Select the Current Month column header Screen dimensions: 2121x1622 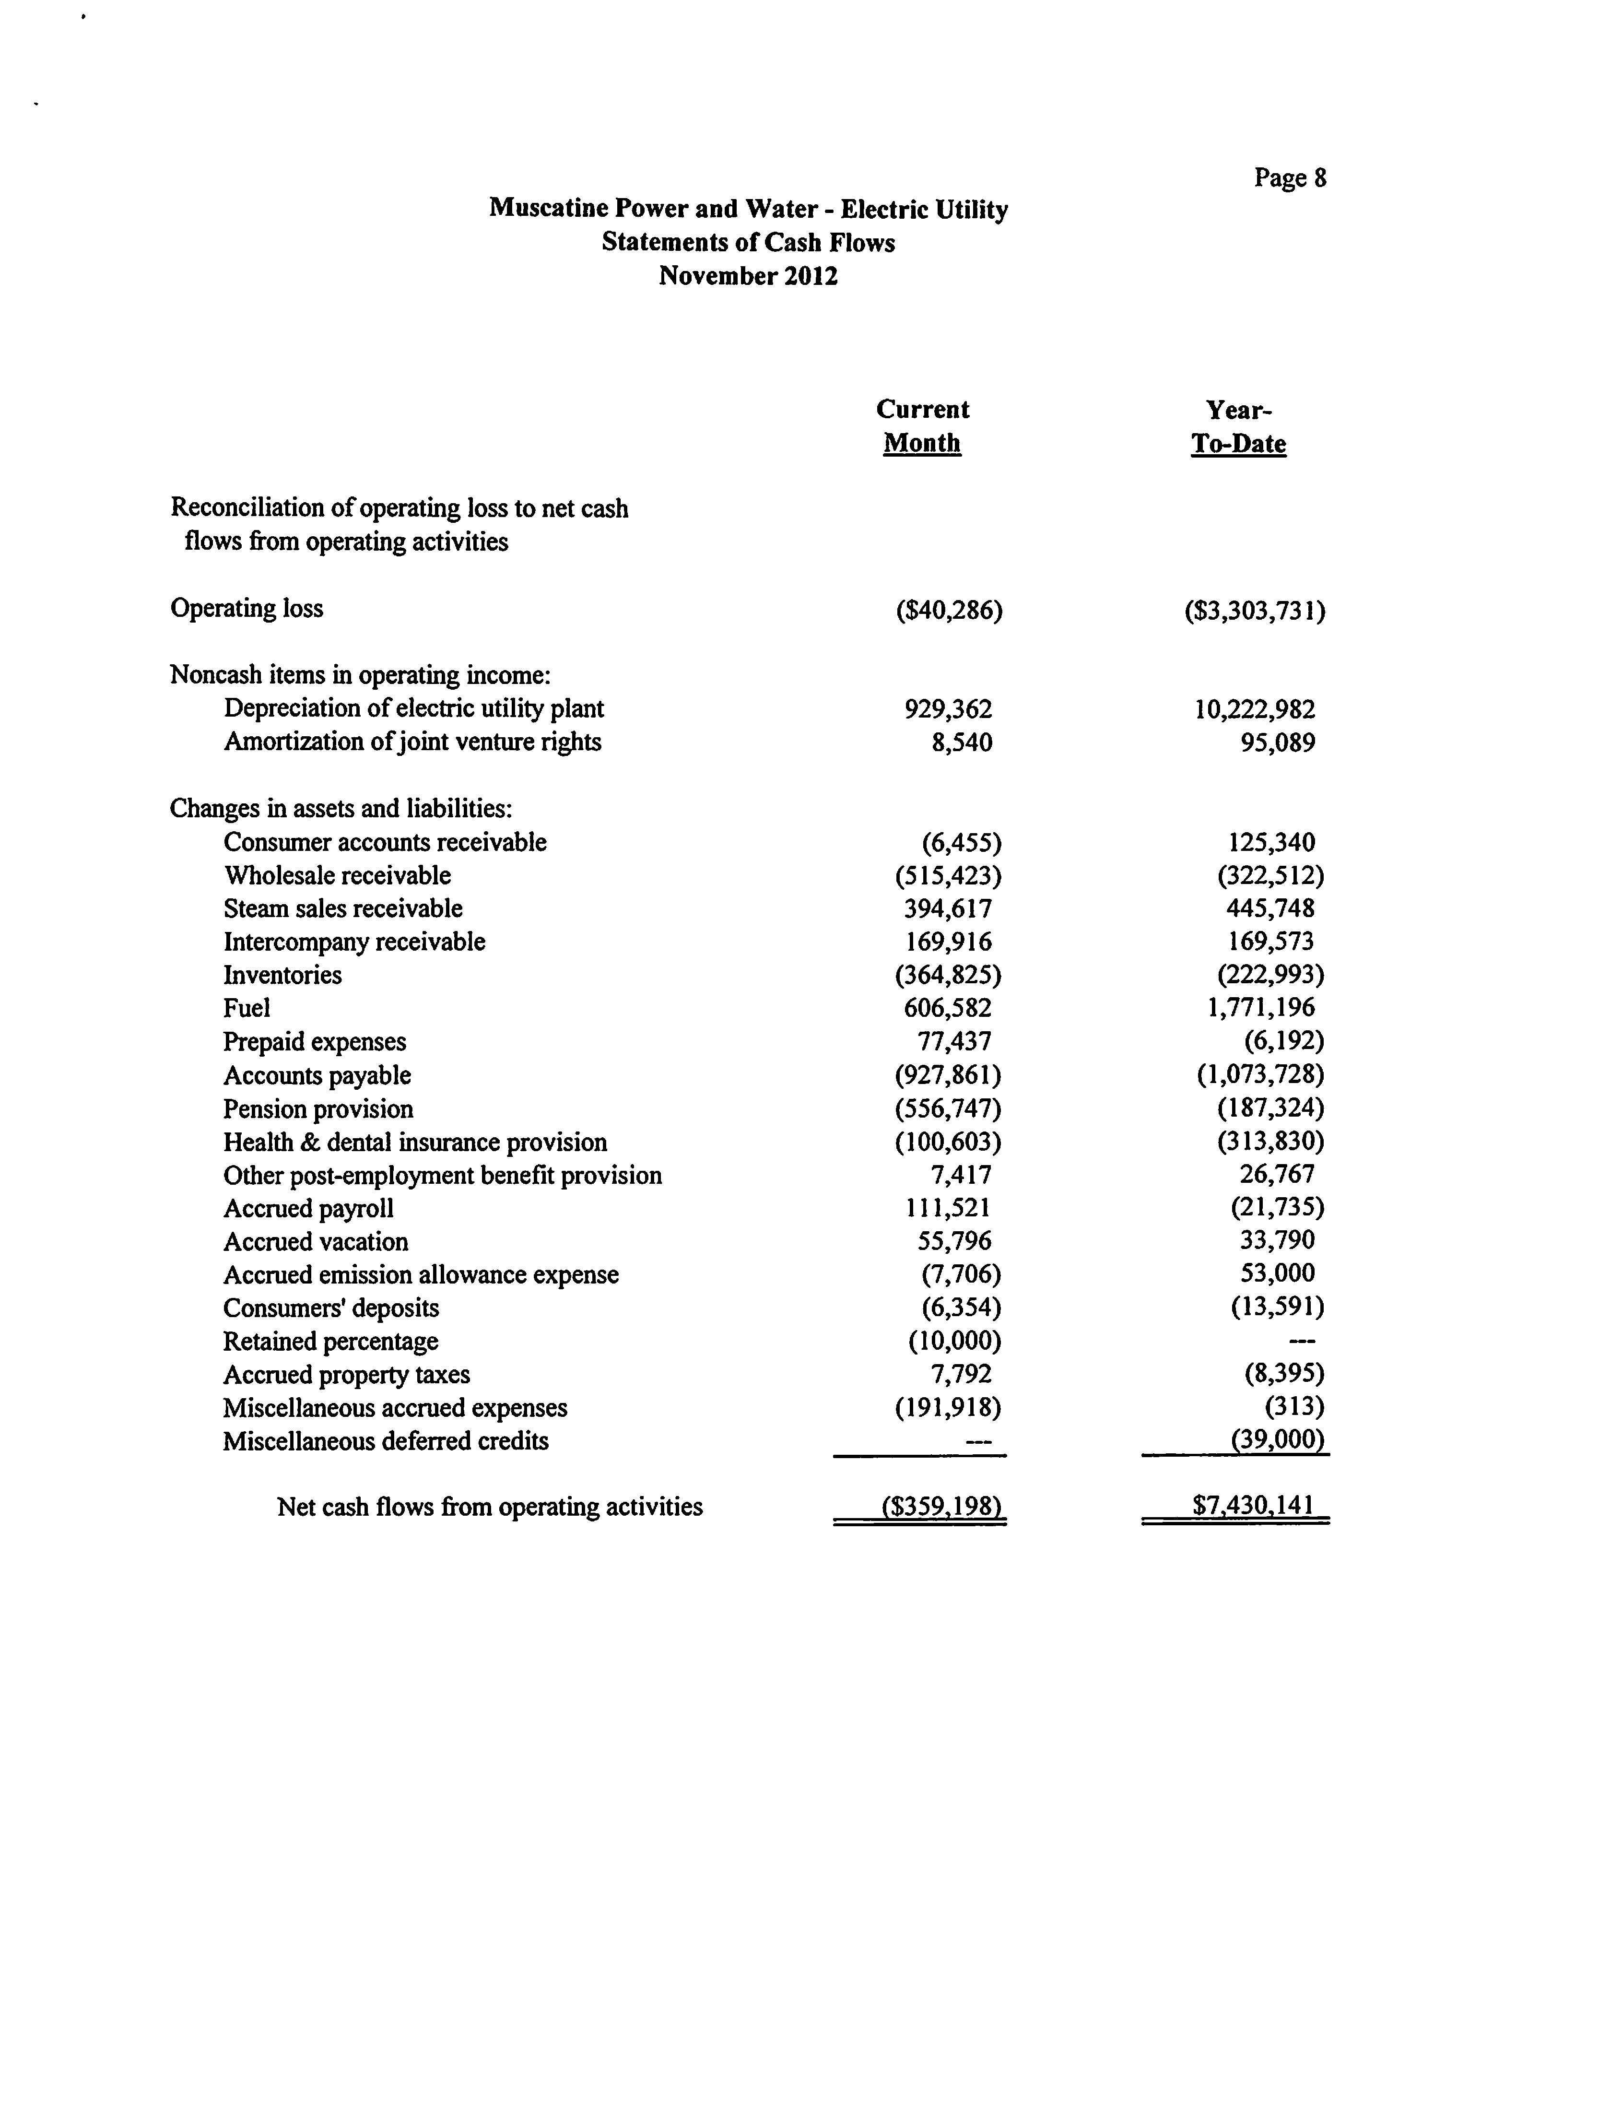click(x=922, y=426)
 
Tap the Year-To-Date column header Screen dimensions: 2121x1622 click(x=1239, y=427)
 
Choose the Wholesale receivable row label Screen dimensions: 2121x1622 click(x=337, y=876)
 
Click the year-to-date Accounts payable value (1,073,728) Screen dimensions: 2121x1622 click(x=1260, y=1074)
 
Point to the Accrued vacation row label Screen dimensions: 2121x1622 click(x=316, y=1241)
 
